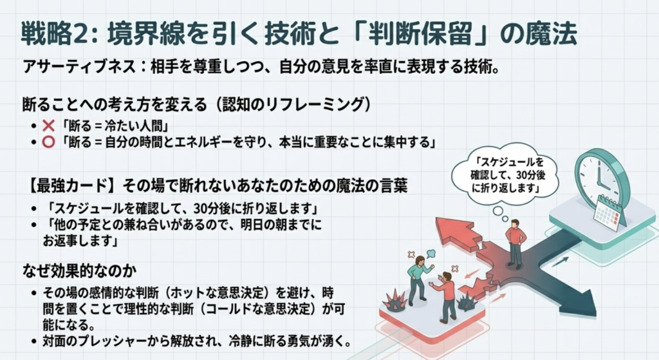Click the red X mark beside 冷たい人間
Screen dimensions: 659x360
coord(49,126)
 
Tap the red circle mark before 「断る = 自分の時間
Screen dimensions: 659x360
coord(49,142)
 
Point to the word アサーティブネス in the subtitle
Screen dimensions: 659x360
coord(79,67)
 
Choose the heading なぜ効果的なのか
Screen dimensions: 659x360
coord(80,271)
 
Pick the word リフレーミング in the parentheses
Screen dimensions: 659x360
coord(314,104)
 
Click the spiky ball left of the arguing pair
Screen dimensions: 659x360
coord(393,299)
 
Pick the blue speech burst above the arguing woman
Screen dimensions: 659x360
coord(431,254)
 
